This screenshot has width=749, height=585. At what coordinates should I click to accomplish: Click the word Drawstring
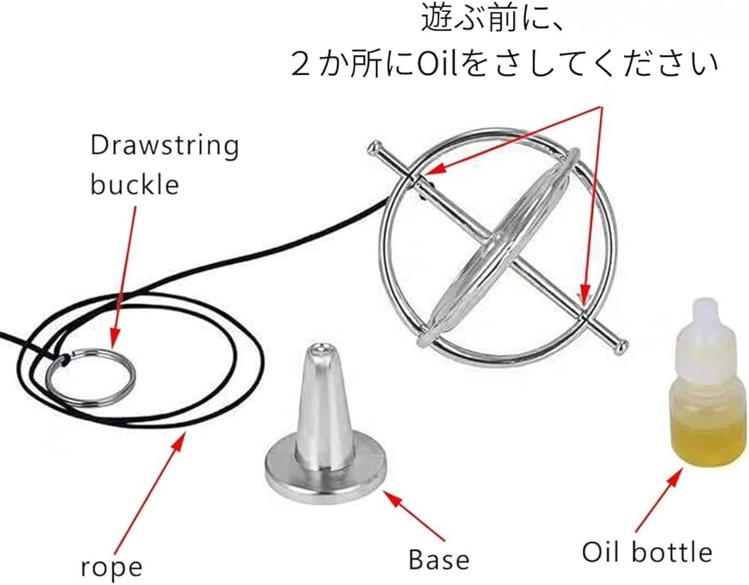(164, 145)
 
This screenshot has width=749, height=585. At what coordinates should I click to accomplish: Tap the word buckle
(135, 184)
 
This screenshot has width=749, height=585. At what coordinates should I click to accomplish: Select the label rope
(112, 567)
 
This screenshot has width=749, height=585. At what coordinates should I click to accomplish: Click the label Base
(439, 559)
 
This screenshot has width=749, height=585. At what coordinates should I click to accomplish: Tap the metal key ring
(91, 377)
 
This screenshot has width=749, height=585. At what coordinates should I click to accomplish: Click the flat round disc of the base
(326, 473)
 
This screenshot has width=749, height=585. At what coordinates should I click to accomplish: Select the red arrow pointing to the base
(414, 516)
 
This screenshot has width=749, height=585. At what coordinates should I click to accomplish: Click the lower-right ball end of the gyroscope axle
(620, 347)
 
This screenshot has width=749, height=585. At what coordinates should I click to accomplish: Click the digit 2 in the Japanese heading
(300, 65)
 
